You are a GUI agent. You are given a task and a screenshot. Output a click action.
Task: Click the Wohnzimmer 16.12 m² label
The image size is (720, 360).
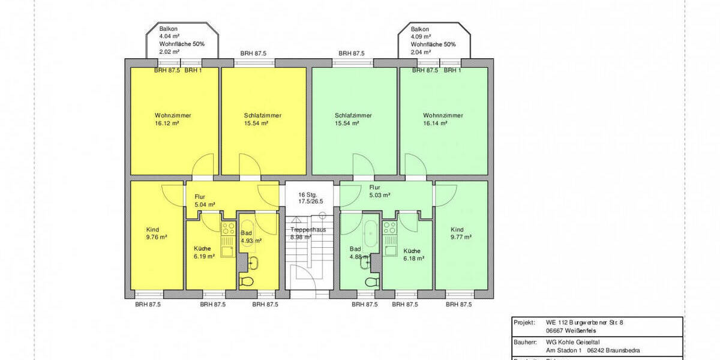(x=167, y=119)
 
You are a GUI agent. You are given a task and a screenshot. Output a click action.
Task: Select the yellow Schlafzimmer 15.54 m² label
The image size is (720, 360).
(x=263, y=119)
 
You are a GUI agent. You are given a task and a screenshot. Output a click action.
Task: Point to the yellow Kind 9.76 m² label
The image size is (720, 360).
(x=156, y=233)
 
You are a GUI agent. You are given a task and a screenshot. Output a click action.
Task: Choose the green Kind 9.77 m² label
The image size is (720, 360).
(x=461, y=233)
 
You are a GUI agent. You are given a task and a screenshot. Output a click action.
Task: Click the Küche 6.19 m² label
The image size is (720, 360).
(x=203, y=253)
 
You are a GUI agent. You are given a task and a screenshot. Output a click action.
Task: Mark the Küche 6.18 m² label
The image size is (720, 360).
(x=413, y=254)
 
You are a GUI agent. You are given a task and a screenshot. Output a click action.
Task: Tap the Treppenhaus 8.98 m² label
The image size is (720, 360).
(x=308, y=233)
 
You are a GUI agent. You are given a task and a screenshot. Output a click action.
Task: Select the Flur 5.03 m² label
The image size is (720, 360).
(x=380, y=191)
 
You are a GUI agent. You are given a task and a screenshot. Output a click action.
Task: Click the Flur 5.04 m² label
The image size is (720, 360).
(x=205, y=200)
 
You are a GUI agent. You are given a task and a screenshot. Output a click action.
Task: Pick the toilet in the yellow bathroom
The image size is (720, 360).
(x=247, y=281)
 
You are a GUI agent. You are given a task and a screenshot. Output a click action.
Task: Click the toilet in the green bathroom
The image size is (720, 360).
(x=372, y=281)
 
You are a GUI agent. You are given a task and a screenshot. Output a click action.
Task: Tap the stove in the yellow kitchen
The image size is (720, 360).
(x=227, y=228)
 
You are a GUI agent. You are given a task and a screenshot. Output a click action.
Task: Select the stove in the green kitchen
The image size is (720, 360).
(x=390, y=228)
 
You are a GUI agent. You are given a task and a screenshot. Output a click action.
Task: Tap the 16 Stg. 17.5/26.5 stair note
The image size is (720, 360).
(x=311, y=198)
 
